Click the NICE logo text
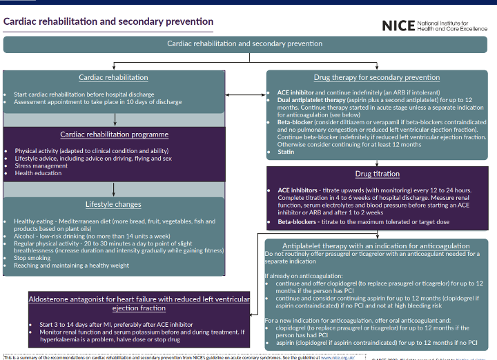pyautogui.click(x=398, y=26)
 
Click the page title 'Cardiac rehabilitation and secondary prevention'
pyautogui.click(x=108, y=21)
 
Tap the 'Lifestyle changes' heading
pyautogui.click(x=113, y=204)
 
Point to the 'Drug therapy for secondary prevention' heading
pyautogui.click(x=376, y=77)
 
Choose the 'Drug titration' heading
pyautogui.click(x=376, y=174)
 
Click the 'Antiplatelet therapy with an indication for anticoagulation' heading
pyautogui.click(x=376, y=246)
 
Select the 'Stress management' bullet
pyautogui.click(x=41, y=166)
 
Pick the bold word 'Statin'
pyautogui.click(x=286, y=152)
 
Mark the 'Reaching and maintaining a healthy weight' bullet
pyautogui.click(x=71, y=266)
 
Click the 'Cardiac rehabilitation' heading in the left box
pyautogui.click(x=113, y=77)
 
